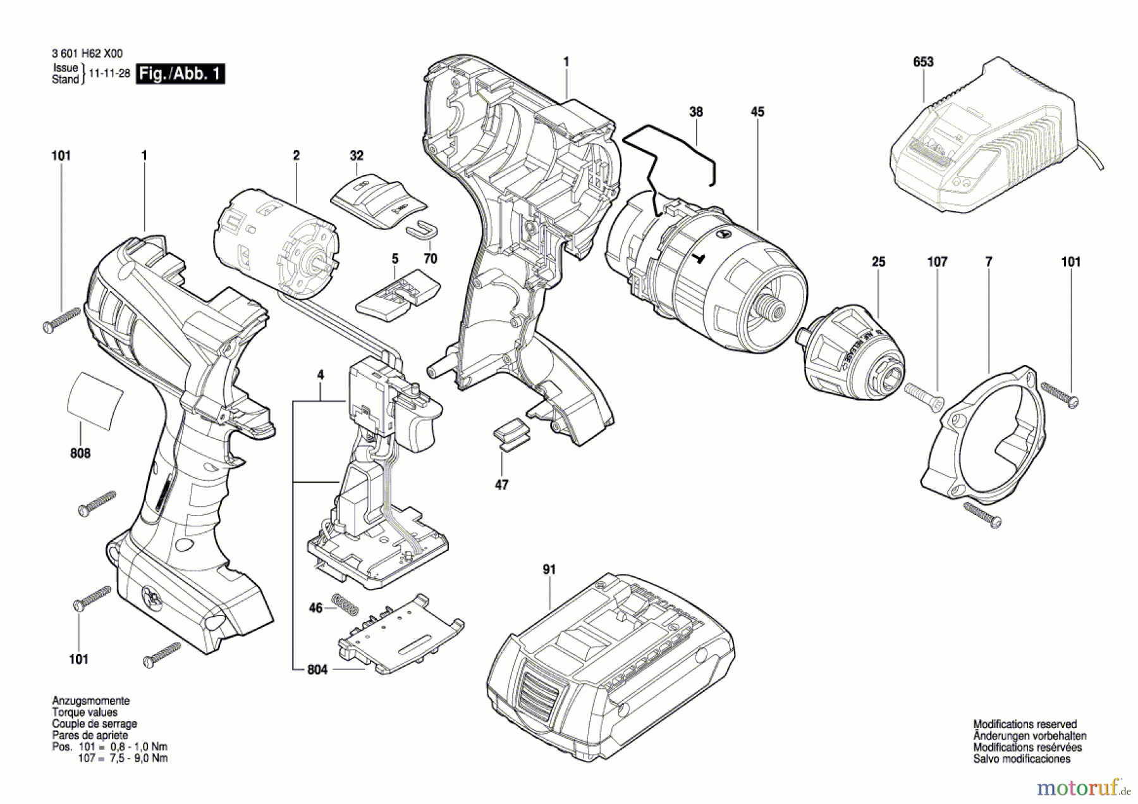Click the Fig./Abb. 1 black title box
(x=180, y=74)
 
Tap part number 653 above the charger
(x=923, y=62)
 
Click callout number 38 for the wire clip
(x=695, y=112)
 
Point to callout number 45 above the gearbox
(x=757, y=112)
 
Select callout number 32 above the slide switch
(x=357, y=156)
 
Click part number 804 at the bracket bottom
(x=317, y=669)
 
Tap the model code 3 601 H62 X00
(x=87, y=54)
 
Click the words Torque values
(x=85, y=712)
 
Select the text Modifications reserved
(x=1025, y=724)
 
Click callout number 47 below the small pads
(x=501, y=485)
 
